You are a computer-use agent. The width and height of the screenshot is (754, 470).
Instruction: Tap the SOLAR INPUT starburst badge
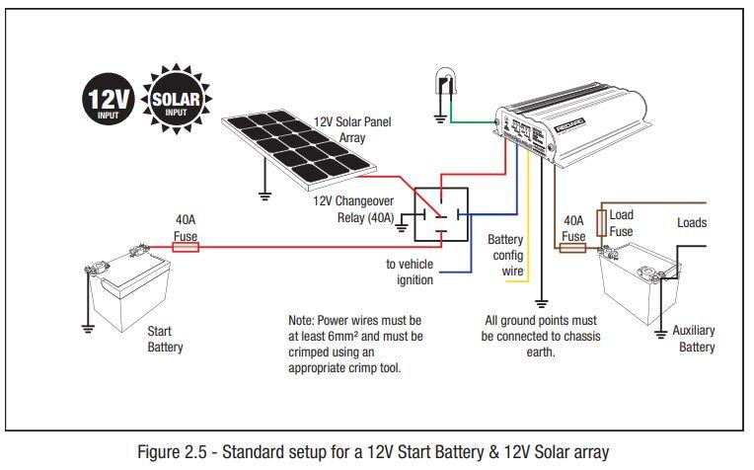[176, 101]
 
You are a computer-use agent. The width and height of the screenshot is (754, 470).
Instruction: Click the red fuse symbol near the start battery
[186, 248]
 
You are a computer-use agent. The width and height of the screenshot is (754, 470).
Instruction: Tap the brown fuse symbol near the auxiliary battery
[573, 248]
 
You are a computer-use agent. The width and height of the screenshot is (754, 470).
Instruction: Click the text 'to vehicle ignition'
[410, 272]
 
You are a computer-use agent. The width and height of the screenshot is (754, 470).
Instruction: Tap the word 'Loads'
[692, 222]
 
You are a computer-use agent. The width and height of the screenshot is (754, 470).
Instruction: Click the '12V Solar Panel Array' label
[352, 128]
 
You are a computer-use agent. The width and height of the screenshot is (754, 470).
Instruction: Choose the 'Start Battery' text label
[165, 340]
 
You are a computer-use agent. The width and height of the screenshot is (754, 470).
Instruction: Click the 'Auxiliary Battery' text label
[694, 339]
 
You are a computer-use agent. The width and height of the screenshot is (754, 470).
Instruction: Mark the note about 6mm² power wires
[355, 345]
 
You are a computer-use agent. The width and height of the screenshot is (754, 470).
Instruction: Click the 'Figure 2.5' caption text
[376, 451]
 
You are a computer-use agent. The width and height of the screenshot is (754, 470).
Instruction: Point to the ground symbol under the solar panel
[263, 195]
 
